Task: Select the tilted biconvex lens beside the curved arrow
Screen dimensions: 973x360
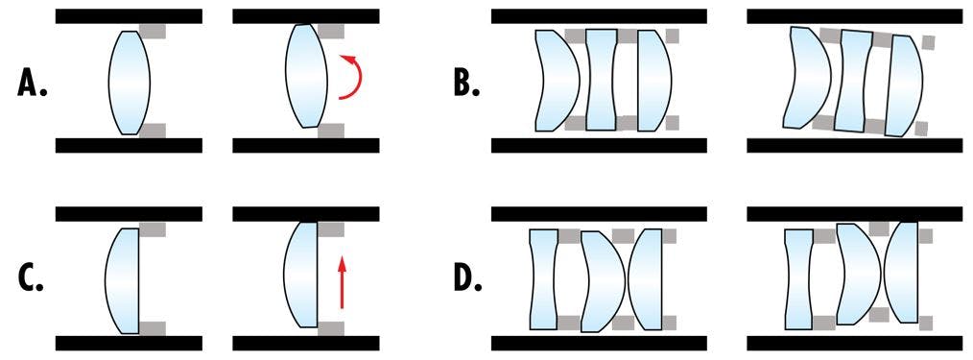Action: click(307, 76)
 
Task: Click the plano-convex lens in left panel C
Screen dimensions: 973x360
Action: click(123, 279)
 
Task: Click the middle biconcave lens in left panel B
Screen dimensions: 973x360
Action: click(600, 80)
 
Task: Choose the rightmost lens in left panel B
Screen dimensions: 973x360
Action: click(651, 80)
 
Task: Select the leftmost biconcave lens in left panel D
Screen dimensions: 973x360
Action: click(543, 278)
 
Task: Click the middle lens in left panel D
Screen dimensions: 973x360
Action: click(603, 279)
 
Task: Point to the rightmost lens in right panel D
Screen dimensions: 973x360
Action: click(905, 272)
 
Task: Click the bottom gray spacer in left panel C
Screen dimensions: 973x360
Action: click(153, 328)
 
